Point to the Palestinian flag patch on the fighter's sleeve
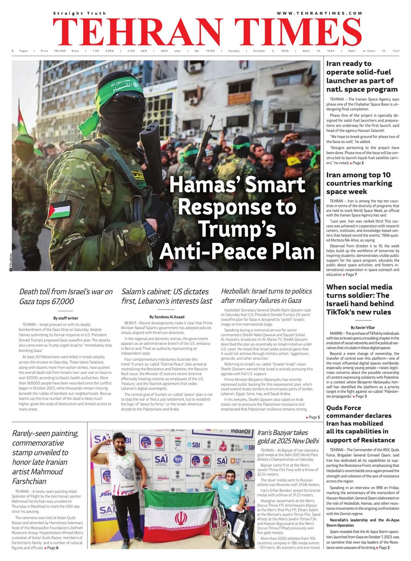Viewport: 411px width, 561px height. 60,209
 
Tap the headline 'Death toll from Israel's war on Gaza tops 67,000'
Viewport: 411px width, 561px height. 66,296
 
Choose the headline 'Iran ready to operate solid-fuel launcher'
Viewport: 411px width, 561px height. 360,77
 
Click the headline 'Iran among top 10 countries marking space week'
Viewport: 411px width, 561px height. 359,183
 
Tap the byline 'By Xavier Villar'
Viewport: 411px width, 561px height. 363,327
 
